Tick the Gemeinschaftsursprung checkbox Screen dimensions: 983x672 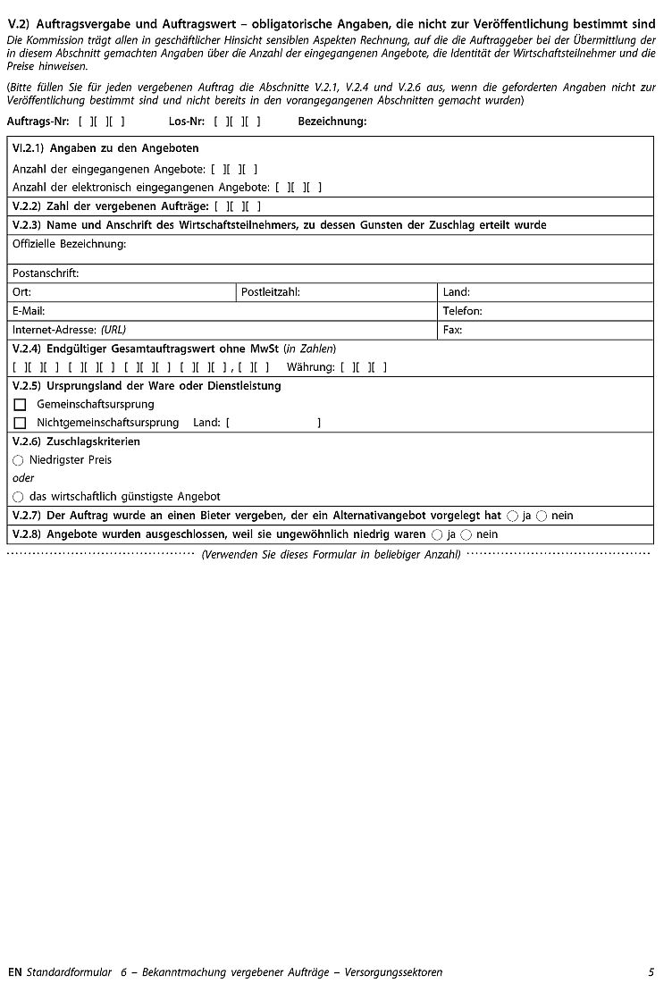20,405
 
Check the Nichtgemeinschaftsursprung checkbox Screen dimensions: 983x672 20,423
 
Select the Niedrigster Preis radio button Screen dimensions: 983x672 18,460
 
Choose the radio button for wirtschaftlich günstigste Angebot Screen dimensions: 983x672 18,497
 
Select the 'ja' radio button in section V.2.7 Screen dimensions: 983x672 512,516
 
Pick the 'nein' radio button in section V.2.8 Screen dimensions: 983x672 466,534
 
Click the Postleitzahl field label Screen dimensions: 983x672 270,292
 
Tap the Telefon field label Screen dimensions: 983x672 462,311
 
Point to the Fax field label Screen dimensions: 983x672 452,330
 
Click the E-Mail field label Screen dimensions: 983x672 29,311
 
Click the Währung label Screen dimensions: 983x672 310,367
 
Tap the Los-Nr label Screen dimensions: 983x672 187,121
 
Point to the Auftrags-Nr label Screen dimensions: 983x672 38,121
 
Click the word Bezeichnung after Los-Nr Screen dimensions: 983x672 332,121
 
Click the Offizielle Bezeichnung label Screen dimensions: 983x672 69,244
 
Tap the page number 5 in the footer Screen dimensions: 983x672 651,972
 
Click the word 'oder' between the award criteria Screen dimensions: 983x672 23,478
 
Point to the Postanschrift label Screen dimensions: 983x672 46,273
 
